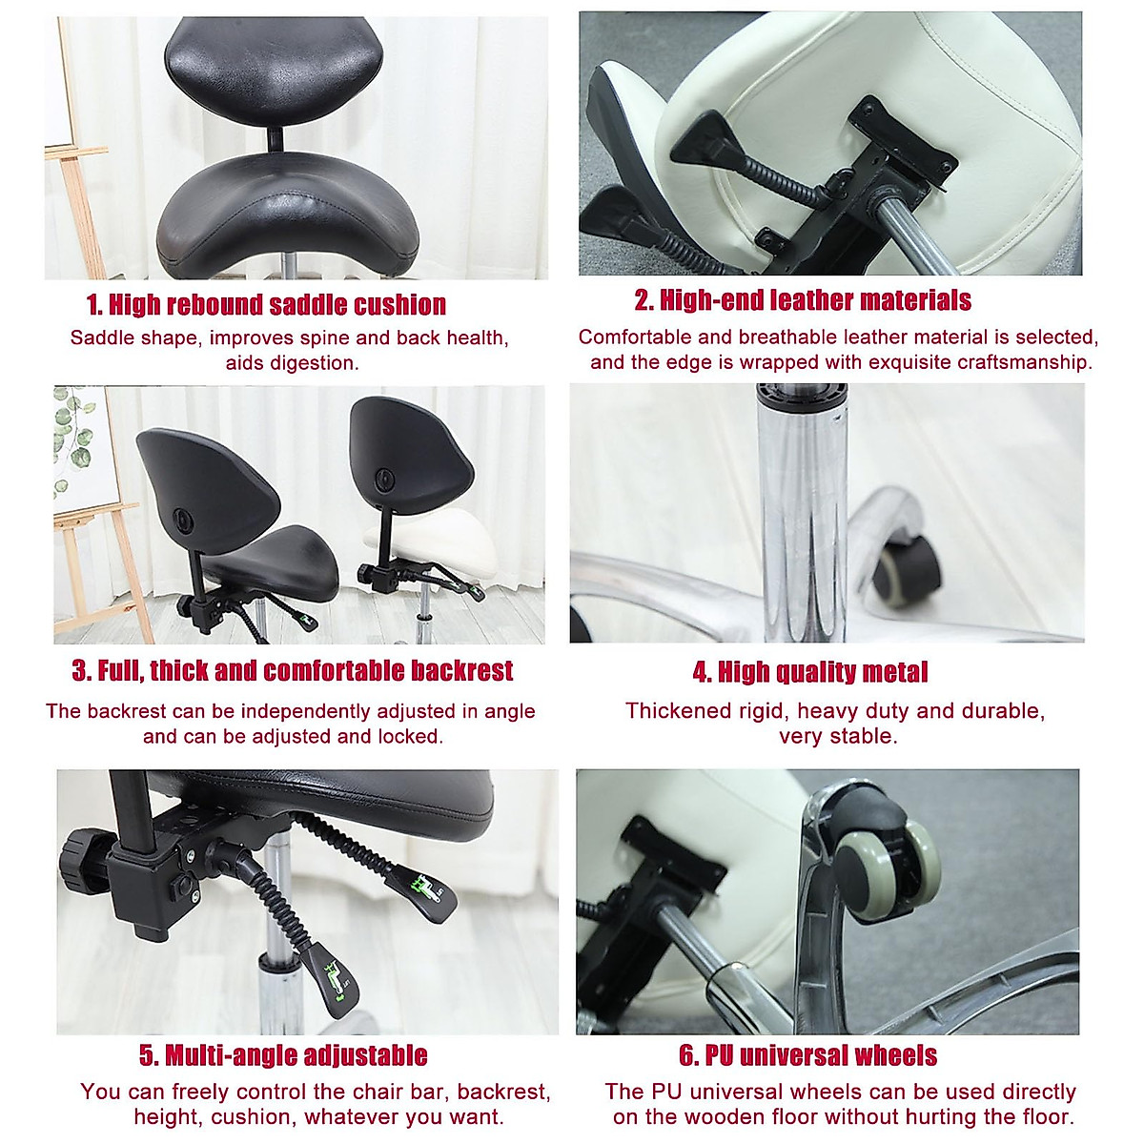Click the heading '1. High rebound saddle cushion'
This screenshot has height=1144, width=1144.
click(x=266, y=305)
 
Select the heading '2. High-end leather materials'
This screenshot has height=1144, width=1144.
click(x=803, y=300)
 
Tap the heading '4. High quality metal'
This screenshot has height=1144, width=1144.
click(x=809, y=672)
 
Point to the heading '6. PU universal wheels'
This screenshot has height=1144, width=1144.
click(x=807, y=1055)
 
